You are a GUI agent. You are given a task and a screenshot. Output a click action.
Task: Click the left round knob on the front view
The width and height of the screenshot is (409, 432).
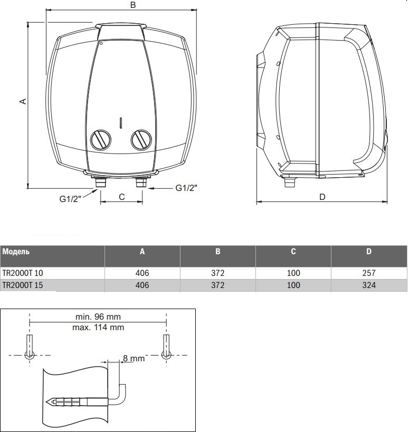coord(99,139)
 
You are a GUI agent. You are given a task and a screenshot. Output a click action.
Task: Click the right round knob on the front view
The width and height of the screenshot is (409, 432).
coord(140,139)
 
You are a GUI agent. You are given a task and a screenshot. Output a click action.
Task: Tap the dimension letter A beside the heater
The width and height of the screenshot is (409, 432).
coord(23,101)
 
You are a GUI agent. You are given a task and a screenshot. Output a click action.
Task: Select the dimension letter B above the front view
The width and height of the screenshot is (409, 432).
coord(133,5)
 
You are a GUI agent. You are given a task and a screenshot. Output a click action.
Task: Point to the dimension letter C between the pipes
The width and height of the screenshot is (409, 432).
coord(121,197)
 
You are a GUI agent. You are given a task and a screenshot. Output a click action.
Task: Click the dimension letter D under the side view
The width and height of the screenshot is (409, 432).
coord(322,197)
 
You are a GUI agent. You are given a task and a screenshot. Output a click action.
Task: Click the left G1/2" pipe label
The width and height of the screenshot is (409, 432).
coord(71,199)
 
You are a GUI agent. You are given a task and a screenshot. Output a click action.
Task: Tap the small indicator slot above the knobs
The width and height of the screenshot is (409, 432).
coord(120,122)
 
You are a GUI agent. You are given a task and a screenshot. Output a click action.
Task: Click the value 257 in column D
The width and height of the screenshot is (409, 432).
coord(369,273)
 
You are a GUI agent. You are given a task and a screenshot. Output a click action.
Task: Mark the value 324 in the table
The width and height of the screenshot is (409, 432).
coord(369,285)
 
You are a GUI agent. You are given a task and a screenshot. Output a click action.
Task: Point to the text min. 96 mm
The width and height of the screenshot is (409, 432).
coord(98,318)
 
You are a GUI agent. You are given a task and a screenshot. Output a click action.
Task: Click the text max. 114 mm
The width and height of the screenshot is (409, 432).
coord(98,327)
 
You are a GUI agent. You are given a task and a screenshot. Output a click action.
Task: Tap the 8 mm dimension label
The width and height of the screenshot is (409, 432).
coord(134,359)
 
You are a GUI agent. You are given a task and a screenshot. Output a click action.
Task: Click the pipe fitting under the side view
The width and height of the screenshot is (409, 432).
coord(289,183)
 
